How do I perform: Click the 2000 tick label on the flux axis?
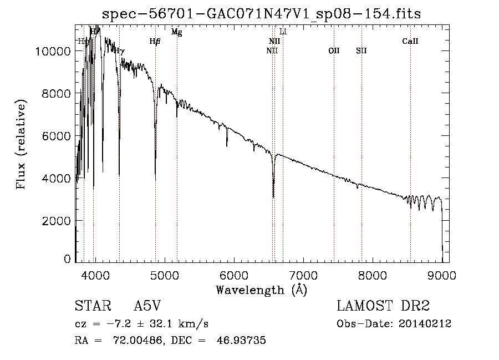[57, 221]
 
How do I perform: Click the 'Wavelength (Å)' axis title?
[261, 290]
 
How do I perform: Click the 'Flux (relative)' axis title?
[22, 145]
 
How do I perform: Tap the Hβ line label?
[155, 41]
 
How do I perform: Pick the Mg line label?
[176, 32]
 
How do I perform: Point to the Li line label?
[283, 32]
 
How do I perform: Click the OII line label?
[333, 50]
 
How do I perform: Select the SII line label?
[361, 50]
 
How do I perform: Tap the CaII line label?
[410, 41]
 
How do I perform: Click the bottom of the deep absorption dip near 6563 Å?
[273, 196]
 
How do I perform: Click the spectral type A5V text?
[147, 307]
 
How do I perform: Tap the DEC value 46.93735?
[243, 340]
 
